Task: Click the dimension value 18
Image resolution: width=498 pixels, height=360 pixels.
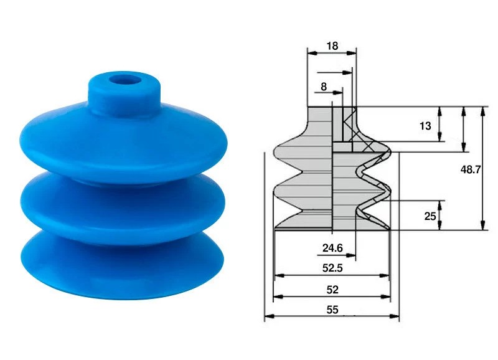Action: [x=332, y=46]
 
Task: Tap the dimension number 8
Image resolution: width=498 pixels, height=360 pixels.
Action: [x=324, y=87]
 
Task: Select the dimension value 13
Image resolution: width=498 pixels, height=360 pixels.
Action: [x=425, y=126]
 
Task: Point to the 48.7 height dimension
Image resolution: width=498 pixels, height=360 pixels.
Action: [x=471, y=169]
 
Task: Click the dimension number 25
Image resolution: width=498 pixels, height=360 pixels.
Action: [x=430, y=216]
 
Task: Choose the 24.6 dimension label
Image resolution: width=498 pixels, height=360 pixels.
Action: [x=332, y=248]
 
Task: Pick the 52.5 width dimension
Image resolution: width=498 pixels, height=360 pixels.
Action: [x=332, y=268]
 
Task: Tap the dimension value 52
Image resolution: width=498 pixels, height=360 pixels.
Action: [x=332, y=290]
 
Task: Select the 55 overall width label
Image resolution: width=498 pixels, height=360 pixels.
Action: [x=332, y=310]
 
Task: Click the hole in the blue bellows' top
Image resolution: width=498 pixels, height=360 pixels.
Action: [x=125, y=80]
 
